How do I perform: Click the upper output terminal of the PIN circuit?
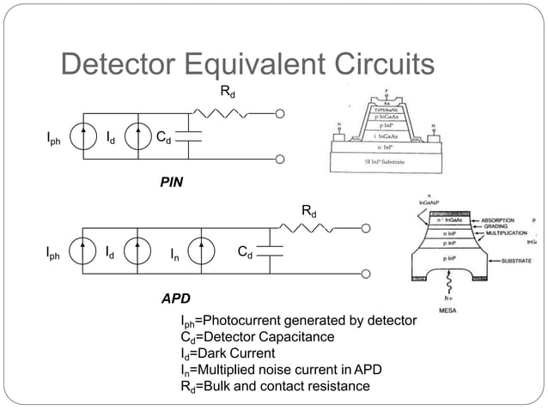[280, 112]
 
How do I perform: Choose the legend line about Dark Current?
[228, 353]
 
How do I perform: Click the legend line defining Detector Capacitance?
[257, 337]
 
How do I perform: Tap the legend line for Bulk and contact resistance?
[275, 386]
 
